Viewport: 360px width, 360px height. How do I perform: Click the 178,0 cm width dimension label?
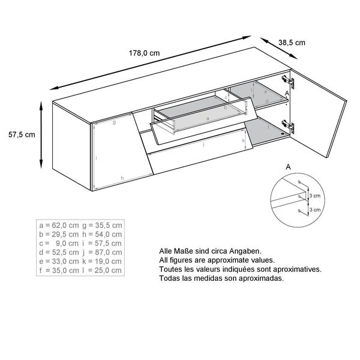click(145, 53)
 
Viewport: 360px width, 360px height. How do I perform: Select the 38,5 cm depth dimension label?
click(292, 43)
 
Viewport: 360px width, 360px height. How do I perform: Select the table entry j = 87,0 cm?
click(102, 252)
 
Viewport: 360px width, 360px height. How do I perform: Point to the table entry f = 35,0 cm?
click(58, 270)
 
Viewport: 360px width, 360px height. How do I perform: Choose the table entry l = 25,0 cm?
click(102, 270)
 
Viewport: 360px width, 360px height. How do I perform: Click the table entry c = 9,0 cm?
click(58, 243)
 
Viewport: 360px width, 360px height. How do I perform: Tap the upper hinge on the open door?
click(290, 80)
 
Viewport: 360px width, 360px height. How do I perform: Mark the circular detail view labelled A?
click(298, 199)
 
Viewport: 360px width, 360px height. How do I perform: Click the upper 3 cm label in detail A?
click(315, 196)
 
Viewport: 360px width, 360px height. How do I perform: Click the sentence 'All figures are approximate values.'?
click(217, 260)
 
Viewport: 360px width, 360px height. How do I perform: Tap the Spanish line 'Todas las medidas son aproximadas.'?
click(221, 278)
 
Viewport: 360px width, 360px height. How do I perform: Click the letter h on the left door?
click(122, 178)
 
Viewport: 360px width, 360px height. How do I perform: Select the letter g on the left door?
click(113, 122)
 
